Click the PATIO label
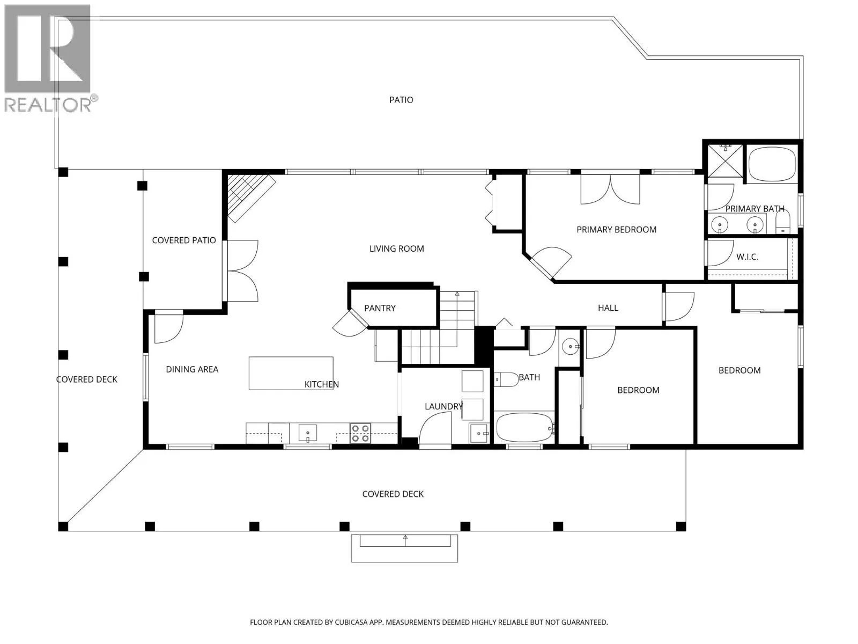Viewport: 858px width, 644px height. (x=401, y=100)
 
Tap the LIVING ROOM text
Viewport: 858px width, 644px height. (x=396, y=248)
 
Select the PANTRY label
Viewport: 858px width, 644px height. (x=380, y=308)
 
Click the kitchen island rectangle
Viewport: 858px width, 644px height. (x=291, y=373)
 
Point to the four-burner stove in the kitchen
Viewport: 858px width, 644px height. (x=360, y=433)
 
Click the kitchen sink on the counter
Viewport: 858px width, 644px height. (x=308, y=433)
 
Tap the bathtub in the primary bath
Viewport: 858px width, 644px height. (x=772, y=164)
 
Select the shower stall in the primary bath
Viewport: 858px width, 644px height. (x=725, y=160)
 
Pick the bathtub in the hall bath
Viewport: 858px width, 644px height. (x=524, y=428)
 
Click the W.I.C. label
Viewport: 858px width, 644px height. (x=747, y=257)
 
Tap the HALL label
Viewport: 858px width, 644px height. (x=608, y=308)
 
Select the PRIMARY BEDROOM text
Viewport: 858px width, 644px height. (x=617, y=230)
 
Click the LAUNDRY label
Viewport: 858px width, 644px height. (x=443, y=406)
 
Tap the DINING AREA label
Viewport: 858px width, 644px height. (x=192, y=369)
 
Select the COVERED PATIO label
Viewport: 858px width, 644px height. (x=184, y=240)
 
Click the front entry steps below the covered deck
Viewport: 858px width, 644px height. (x=404, y=548)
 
